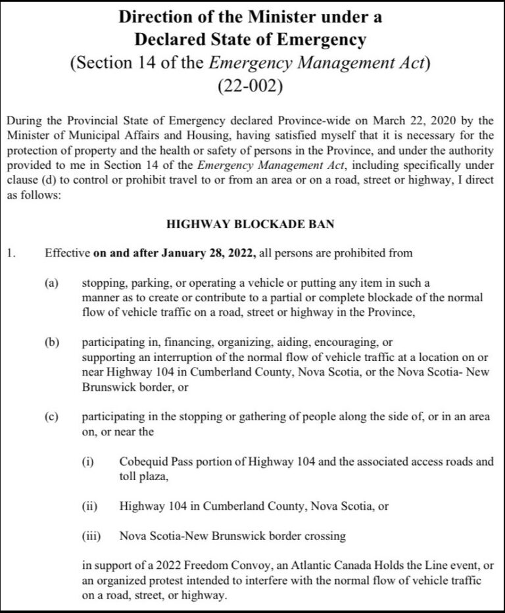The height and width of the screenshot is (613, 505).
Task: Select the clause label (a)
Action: [51, 284]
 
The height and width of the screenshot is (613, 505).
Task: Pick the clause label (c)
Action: [51, 418]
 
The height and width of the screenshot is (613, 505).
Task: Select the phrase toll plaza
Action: [145, 477]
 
